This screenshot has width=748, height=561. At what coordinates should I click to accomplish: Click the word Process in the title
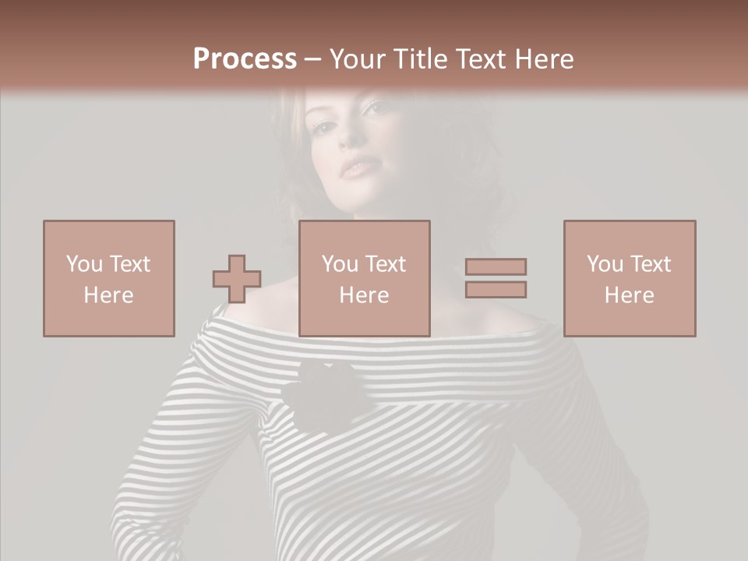pyautogui.click(x=245, y=59)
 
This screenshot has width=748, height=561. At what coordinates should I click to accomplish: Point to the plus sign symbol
pyautogui.click(x=237, y=279)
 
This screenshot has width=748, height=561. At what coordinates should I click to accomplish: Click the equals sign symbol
pyautogui.click(x=496, y=278)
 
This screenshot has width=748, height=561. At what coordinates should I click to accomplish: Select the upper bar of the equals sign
pyautogui.click(x=496, y=266)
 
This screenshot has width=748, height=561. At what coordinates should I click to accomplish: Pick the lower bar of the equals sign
pyautogui.click(x=496, y=290)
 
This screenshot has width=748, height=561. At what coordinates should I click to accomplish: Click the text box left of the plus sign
pyautogui.click(x=109, y=278)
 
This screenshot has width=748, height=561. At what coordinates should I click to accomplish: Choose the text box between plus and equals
pyautogui.click(x=365, y=278)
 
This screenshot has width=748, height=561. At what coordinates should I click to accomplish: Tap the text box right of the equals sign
pyautogui.click(x=630, y=278)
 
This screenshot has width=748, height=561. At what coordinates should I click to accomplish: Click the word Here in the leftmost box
pyautogui.click(x=109, y=295)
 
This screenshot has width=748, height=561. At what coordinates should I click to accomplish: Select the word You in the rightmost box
pyautogui.click(x=605, y=264)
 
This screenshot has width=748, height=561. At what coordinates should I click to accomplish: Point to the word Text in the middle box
pyautogui.click(x=386, y=264)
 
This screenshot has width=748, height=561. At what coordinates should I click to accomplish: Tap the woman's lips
pyautogui.click(x=358, y=167)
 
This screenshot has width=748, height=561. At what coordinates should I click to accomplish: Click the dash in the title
pyautogui.click(x=313, y=59)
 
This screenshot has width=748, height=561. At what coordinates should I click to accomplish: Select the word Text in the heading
pyautogui.click(x=479, y=59)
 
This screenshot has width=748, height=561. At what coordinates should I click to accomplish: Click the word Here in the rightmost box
pyautogui.click(x=630, y=295)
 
